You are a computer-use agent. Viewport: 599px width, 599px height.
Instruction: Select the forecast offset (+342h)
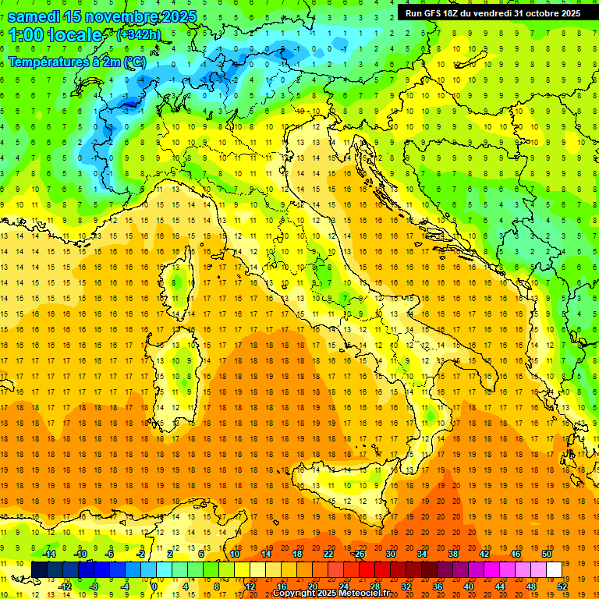pyautogui.click(x=138, y=35)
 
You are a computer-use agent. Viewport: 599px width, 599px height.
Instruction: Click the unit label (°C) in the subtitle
pyautogui.click(x=133, y=62)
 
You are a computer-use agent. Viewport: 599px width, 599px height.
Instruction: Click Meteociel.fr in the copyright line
pyautogui.click(x=367, y=594)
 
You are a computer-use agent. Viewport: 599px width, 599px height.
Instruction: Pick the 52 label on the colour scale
pyautogui.click(x=563, y=586)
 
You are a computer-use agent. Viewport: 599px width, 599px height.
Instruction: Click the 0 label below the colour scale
pyautogui.click(x=154, y=586)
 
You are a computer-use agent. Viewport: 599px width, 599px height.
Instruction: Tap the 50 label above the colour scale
pyautogui.click(x=546, y=554)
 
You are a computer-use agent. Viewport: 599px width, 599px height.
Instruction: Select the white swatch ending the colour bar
pyautogui.click(x=554, y=569)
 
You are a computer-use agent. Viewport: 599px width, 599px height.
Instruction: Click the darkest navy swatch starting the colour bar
pyautogui.click(x=39, y=569)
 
